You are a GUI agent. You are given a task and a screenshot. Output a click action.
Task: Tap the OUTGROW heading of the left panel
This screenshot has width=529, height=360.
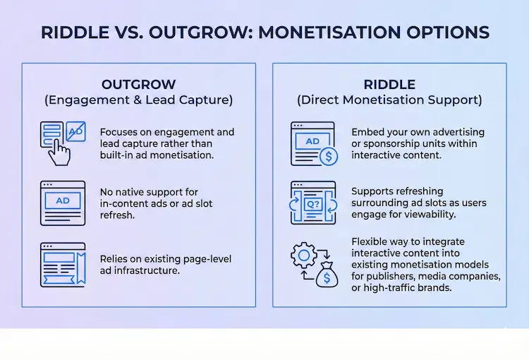click(138, 84)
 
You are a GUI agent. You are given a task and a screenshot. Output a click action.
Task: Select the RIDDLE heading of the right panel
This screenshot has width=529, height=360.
click(389, 84)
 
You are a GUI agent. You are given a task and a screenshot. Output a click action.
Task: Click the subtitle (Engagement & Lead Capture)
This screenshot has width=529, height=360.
click(138, 100)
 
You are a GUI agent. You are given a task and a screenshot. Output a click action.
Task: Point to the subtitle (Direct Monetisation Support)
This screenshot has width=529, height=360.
click(389, 100)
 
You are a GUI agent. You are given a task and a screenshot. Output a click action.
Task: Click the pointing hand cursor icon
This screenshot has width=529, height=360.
click(62, 151)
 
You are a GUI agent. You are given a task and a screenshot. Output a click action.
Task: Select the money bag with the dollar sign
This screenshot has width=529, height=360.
click(326, 273)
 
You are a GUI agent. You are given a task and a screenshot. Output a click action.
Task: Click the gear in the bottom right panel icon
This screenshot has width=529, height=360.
click(303, 256)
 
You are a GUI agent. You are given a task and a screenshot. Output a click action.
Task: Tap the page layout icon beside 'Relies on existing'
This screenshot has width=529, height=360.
click(63, 265)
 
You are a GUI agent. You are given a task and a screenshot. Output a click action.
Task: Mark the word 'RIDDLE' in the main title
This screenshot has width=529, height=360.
click(73, 32)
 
